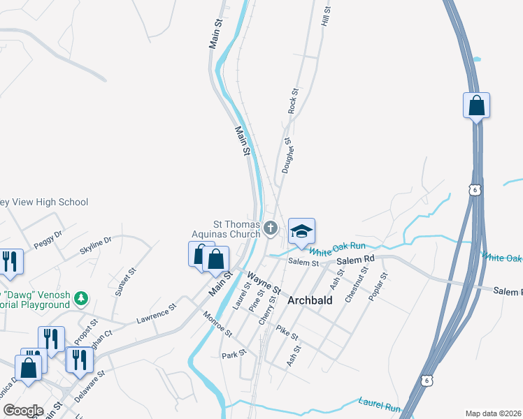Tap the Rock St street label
pyautogui.click(x=294, y=101)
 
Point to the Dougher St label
pyautogui.click(x=287, y=155)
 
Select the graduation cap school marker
pyautogui.click(x=301, y=231)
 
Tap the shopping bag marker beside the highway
pyautogui.click(x=476, y=106)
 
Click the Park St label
pyautogui.click(x=230, y=355)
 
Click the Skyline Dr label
pyautogui.click(x=96, y=246)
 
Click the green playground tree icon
pyautogui.click(x=82, y=298)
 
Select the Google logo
pyautogui.click(x=22, y=411)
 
